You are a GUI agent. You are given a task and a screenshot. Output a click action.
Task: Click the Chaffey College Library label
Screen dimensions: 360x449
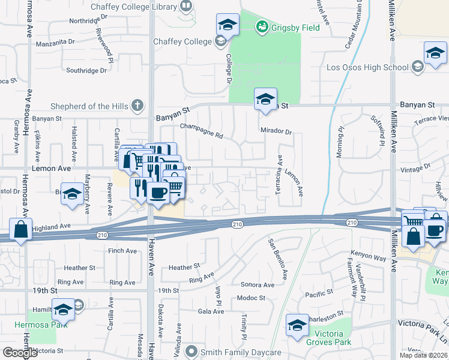(133, 7)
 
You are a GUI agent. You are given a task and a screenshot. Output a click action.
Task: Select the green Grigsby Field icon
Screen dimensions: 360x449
(262, 26)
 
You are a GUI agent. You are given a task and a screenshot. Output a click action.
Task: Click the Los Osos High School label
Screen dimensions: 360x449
(367, 67)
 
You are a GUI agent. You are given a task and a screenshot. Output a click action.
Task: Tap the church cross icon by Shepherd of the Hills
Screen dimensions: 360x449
(137, 106)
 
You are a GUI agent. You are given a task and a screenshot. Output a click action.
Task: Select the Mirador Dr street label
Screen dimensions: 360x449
(276, 131)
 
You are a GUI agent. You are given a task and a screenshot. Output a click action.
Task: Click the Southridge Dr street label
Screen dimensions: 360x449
(86, 70)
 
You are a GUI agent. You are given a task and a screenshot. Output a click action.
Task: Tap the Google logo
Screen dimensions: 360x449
(20, 353)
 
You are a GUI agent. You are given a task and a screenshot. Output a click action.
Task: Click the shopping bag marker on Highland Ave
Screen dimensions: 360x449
(21, 230)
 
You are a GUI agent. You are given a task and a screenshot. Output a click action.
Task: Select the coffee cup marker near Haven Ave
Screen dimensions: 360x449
(158, 193)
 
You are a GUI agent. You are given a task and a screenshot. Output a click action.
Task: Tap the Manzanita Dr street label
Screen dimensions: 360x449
(55, 43)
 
